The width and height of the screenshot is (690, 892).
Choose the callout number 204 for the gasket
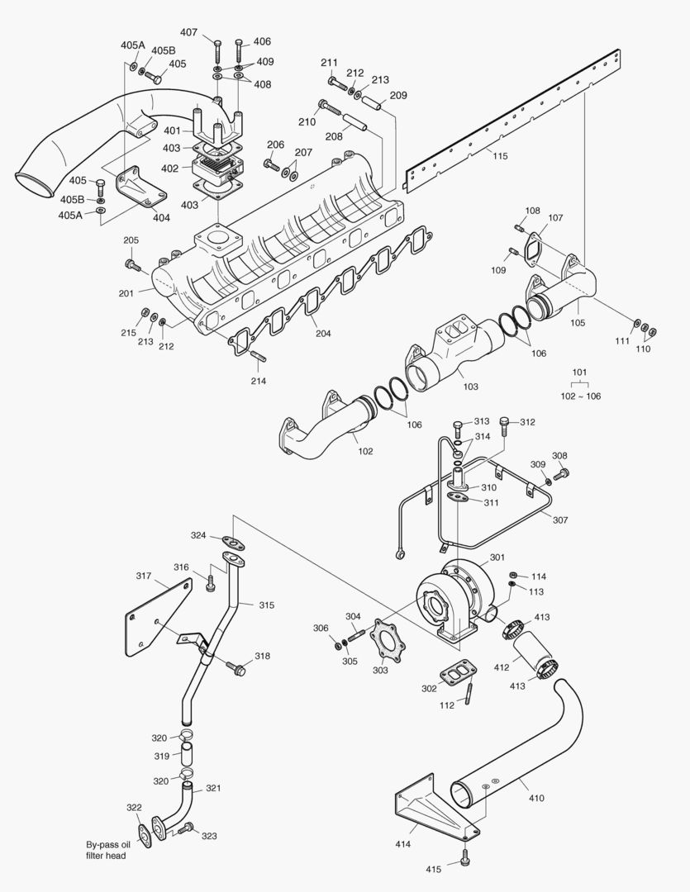tap(323, 334)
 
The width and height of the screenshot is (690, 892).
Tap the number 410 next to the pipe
tap(537, 799)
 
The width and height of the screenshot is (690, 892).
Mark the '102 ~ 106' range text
tap(581, 396)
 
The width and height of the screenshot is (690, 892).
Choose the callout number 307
tap(561, 520)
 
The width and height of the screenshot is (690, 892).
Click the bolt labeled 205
tap(131, 264)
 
